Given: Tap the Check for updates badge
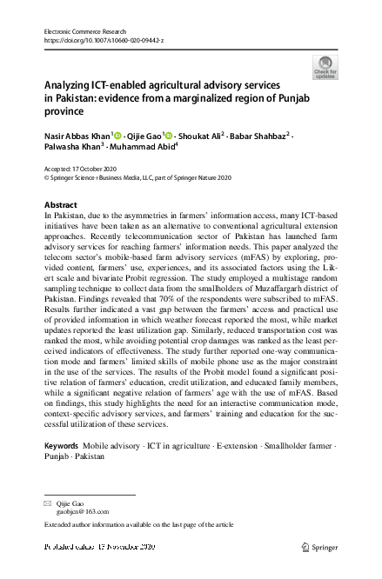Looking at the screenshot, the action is tap(325, 67).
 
